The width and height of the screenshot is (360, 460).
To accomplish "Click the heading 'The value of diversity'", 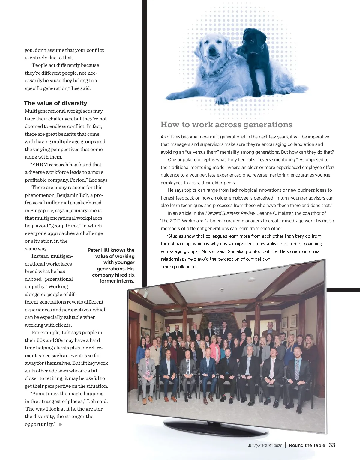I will (x=55, y=103).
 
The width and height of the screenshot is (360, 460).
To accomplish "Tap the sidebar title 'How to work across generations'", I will (x=226, y=125).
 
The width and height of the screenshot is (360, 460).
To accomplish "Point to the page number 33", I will (x=332, y=445).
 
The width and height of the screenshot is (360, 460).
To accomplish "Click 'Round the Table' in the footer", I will (x=307, y=445).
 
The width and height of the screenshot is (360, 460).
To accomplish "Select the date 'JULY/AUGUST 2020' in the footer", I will (x=265, y=446).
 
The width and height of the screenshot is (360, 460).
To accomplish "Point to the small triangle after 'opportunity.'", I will (x=61, y=424).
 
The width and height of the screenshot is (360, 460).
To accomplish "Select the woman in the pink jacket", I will (x=215, y=349).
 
